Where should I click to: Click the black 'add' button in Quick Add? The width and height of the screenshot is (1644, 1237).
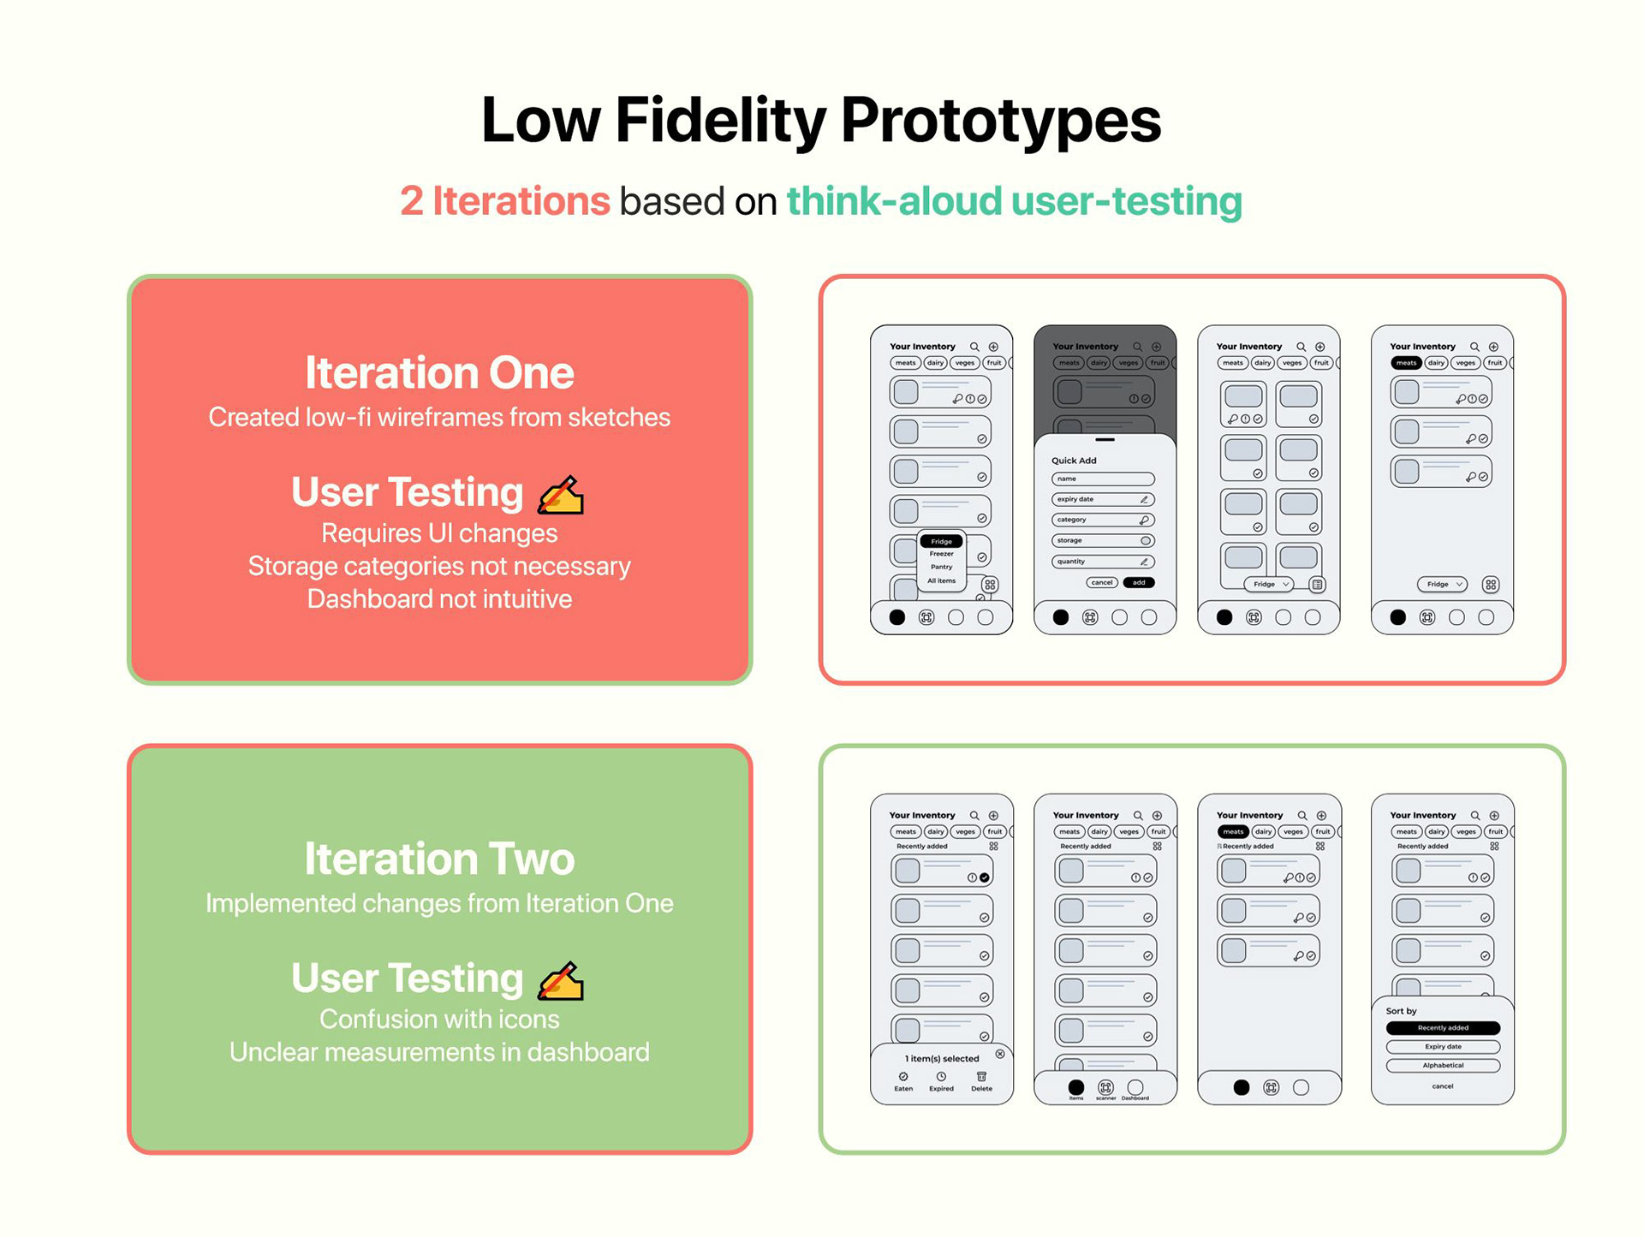[1139, 582]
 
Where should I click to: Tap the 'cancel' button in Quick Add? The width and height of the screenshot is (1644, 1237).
[1102, 582]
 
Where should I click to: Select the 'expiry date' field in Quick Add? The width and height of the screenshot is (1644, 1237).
[1103, 499]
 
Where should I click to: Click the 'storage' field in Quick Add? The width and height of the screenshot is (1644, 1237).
[1103, 540]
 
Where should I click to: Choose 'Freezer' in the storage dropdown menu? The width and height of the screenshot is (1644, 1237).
[941, 554]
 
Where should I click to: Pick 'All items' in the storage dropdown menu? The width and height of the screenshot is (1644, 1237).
[941, 580]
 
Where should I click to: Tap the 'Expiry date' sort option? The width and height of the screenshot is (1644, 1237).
[1443, 1046]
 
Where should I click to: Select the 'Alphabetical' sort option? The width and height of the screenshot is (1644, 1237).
[1443, 1066]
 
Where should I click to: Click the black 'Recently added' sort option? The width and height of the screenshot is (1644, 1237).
[1443, 1027]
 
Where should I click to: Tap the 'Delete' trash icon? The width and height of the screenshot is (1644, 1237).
[981, 1077]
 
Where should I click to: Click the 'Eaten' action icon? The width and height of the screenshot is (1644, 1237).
[903, 1077]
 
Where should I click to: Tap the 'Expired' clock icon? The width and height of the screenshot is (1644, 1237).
[941, 1077]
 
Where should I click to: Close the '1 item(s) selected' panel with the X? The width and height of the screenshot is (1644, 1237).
[1000, 1054]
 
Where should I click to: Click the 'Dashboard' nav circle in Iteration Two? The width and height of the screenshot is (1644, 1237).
[1135, 1087]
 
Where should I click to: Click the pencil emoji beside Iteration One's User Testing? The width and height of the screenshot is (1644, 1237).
[561, 495]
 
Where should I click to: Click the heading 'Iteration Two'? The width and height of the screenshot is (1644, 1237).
[439, 859]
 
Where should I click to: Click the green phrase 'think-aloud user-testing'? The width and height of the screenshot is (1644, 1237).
[1014, 201]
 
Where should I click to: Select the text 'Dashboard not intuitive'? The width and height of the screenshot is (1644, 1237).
[439, 598]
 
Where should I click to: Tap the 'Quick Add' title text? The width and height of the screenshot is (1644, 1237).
[1074, 461]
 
